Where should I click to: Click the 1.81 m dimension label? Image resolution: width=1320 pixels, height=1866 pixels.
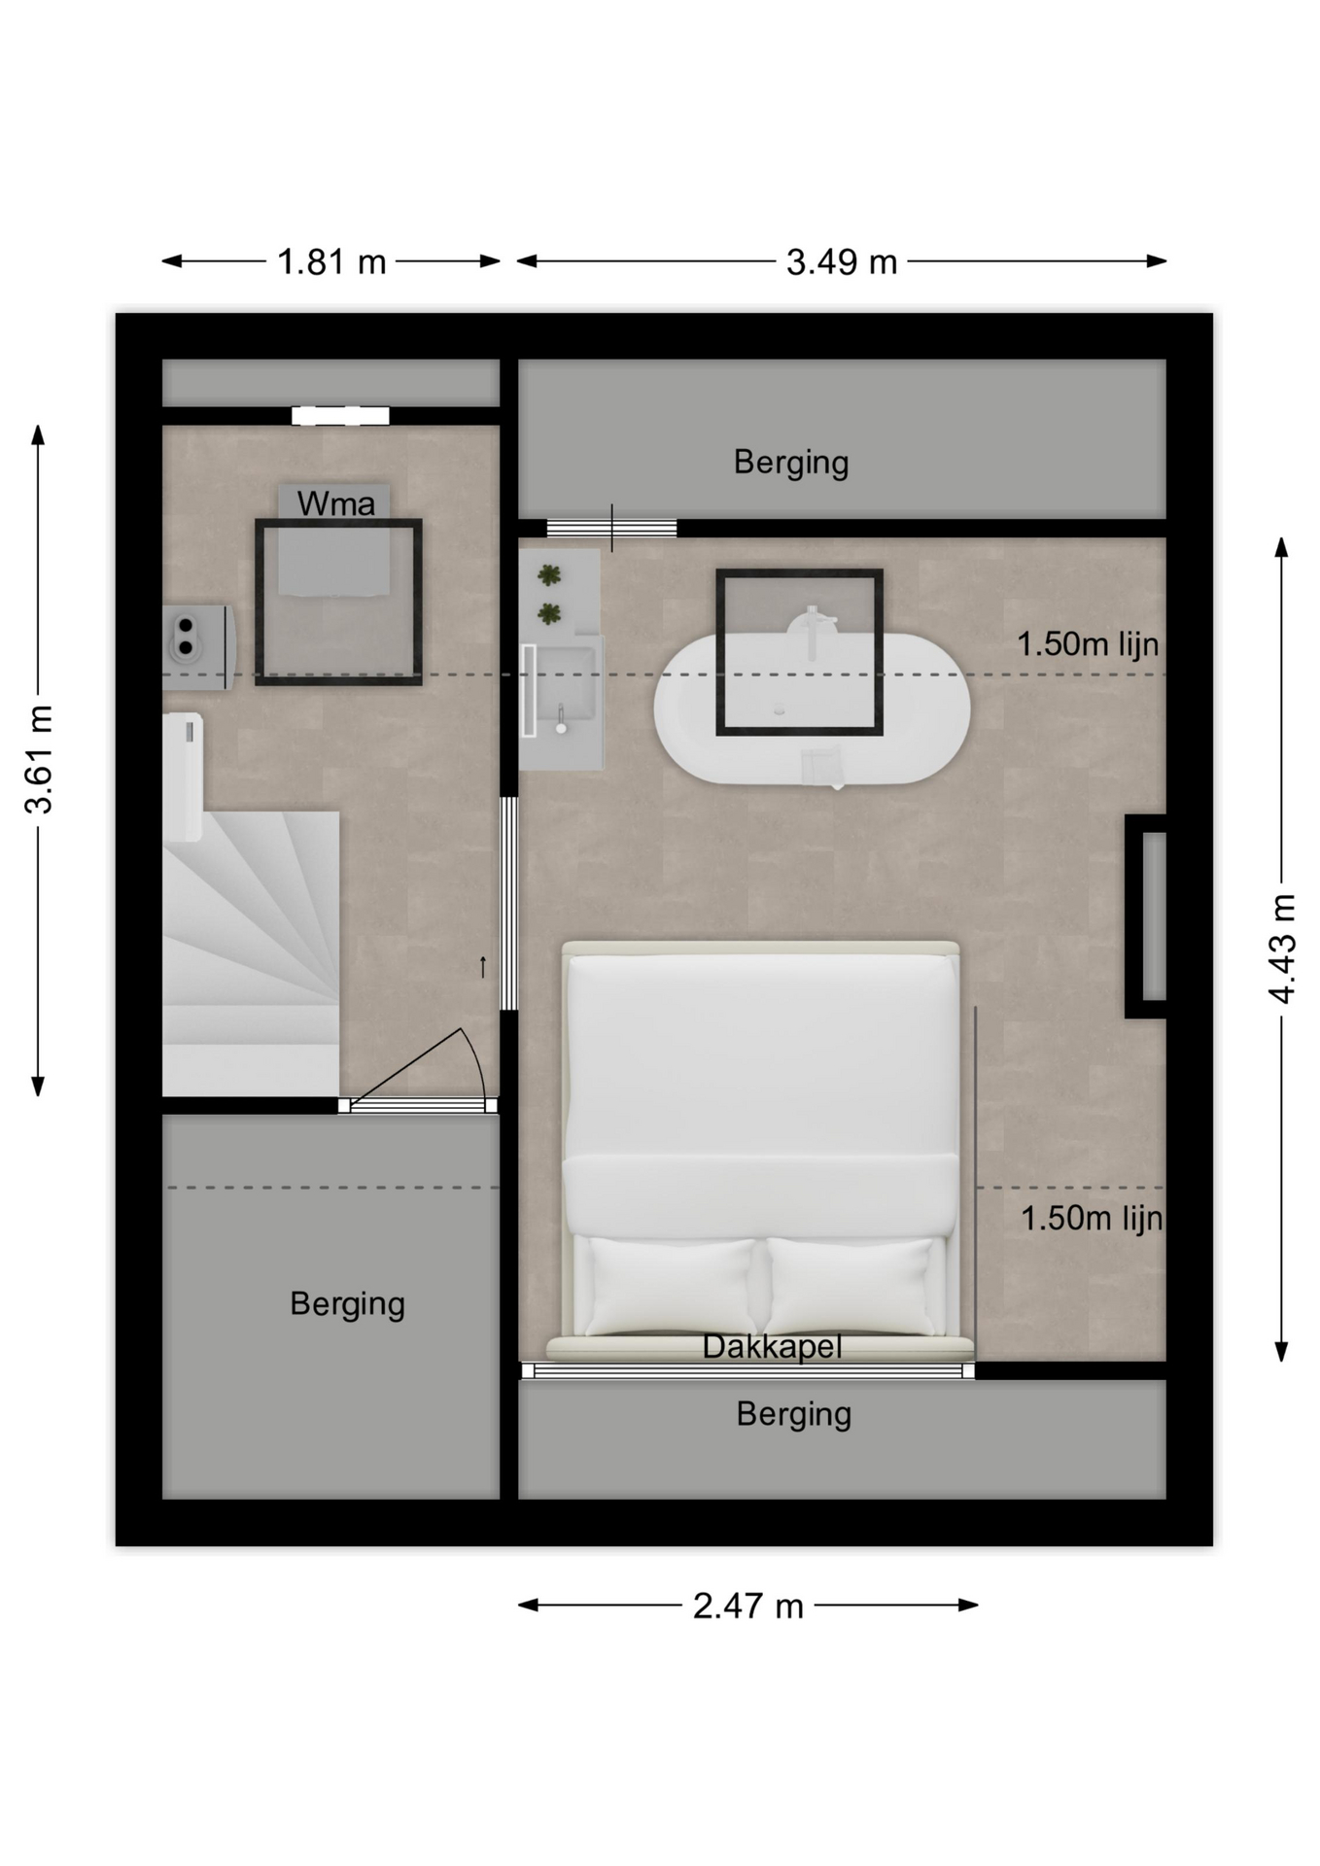pyautogui.click(x=331, y=262)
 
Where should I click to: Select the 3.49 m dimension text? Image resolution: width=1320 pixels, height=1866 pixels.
pyautogui.click(x=841, y=262)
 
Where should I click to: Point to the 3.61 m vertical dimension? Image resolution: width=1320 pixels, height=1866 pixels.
pyautogui.click(x=39, y=759)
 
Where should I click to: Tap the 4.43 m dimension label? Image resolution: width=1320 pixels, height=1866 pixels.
pyautogui.click(x=1282, y=948)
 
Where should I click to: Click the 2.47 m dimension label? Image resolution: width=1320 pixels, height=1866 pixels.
pyautogui.click(x=747, y=1606)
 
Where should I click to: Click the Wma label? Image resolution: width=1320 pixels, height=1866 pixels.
pyautogui.click(x=335, y=503)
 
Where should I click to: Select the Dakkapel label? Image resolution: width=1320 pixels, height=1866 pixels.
pyautogui.click(x=772, y=1347)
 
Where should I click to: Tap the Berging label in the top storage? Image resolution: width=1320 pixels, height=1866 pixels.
pyautogui.click(x=791, y=463)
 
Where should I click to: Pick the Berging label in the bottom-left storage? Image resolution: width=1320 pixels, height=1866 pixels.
pyautogui.click(x=347, y=1304)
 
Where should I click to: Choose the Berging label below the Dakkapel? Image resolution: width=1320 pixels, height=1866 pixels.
pyautogui.click(x=793, y=1414)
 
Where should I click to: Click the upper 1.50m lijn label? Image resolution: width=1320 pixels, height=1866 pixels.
pyautogui.click(x=1088, y=643)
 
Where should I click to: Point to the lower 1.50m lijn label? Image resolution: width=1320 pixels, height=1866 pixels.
pyautogui.click(x=1092, y=1218)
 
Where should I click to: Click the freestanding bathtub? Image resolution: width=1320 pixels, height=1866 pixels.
pyautogui.click(x=812, y=708)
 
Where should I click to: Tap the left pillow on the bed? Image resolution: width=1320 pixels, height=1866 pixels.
pyautogui.click(x=671, y=1285)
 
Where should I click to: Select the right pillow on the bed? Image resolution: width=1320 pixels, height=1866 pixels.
pyautogui.click(x=851, y=1285)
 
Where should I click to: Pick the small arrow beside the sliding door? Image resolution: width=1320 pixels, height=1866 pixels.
pyautogui.click(x=482, y=966)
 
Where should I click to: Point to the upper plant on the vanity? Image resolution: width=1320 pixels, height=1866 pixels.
pyautogui.click(x=550, y=575)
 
